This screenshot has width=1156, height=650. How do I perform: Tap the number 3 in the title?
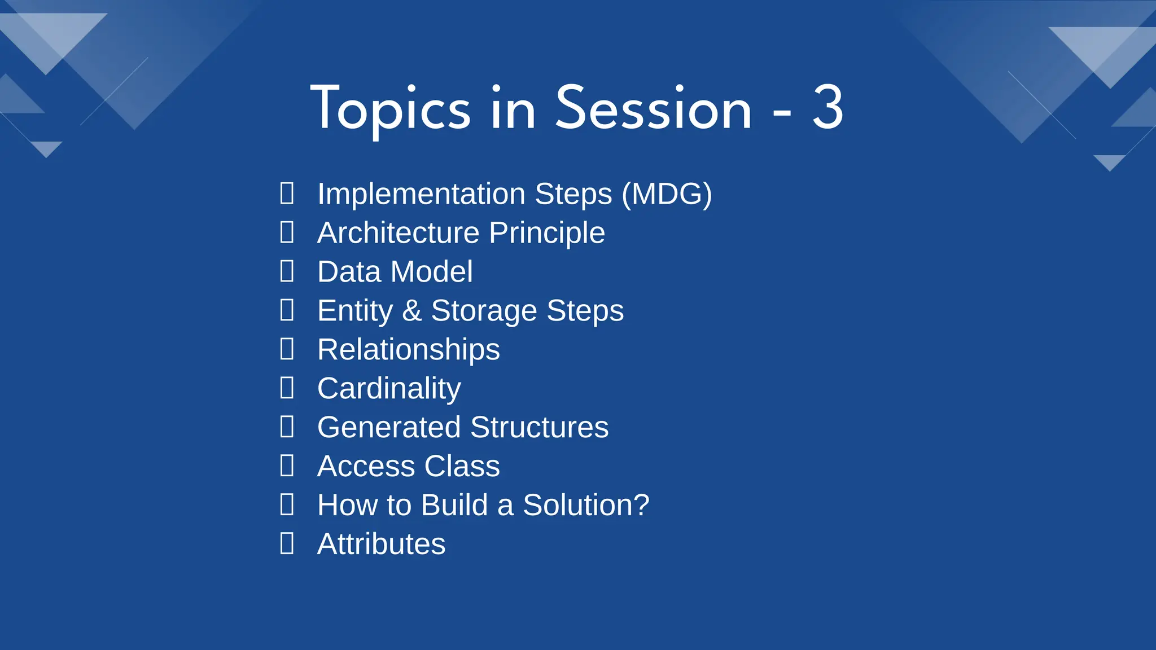pos(827,108)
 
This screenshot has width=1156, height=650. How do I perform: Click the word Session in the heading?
pos(654,108)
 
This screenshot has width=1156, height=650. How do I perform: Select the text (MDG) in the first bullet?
pos(667,194)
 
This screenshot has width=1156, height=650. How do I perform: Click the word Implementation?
pos(421,194)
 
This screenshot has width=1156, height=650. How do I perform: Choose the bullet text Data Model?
pos(395,272)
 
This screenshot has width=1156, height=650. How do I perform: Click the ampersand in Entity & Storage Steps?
pos(412,311)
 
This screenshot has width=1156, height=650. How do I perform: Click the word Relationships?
pos(409,350)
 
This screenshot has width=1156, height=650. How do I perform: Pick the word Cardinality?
pos(389,389)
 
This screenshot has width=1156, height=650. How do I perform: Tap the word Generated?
pos(389,427)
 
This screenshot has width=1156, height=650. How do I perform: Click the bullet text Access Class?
pos(409,466)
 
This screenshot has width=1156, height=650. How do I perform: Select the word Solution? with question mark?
pos(586,505)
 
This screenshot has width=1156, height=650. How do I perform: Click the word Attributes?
pos(382,544)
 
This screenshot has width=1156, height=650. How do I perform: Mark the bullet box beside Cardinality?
pos(287,388)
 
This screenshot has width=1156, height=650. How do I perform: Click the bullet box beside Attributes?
pos(287,543)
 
